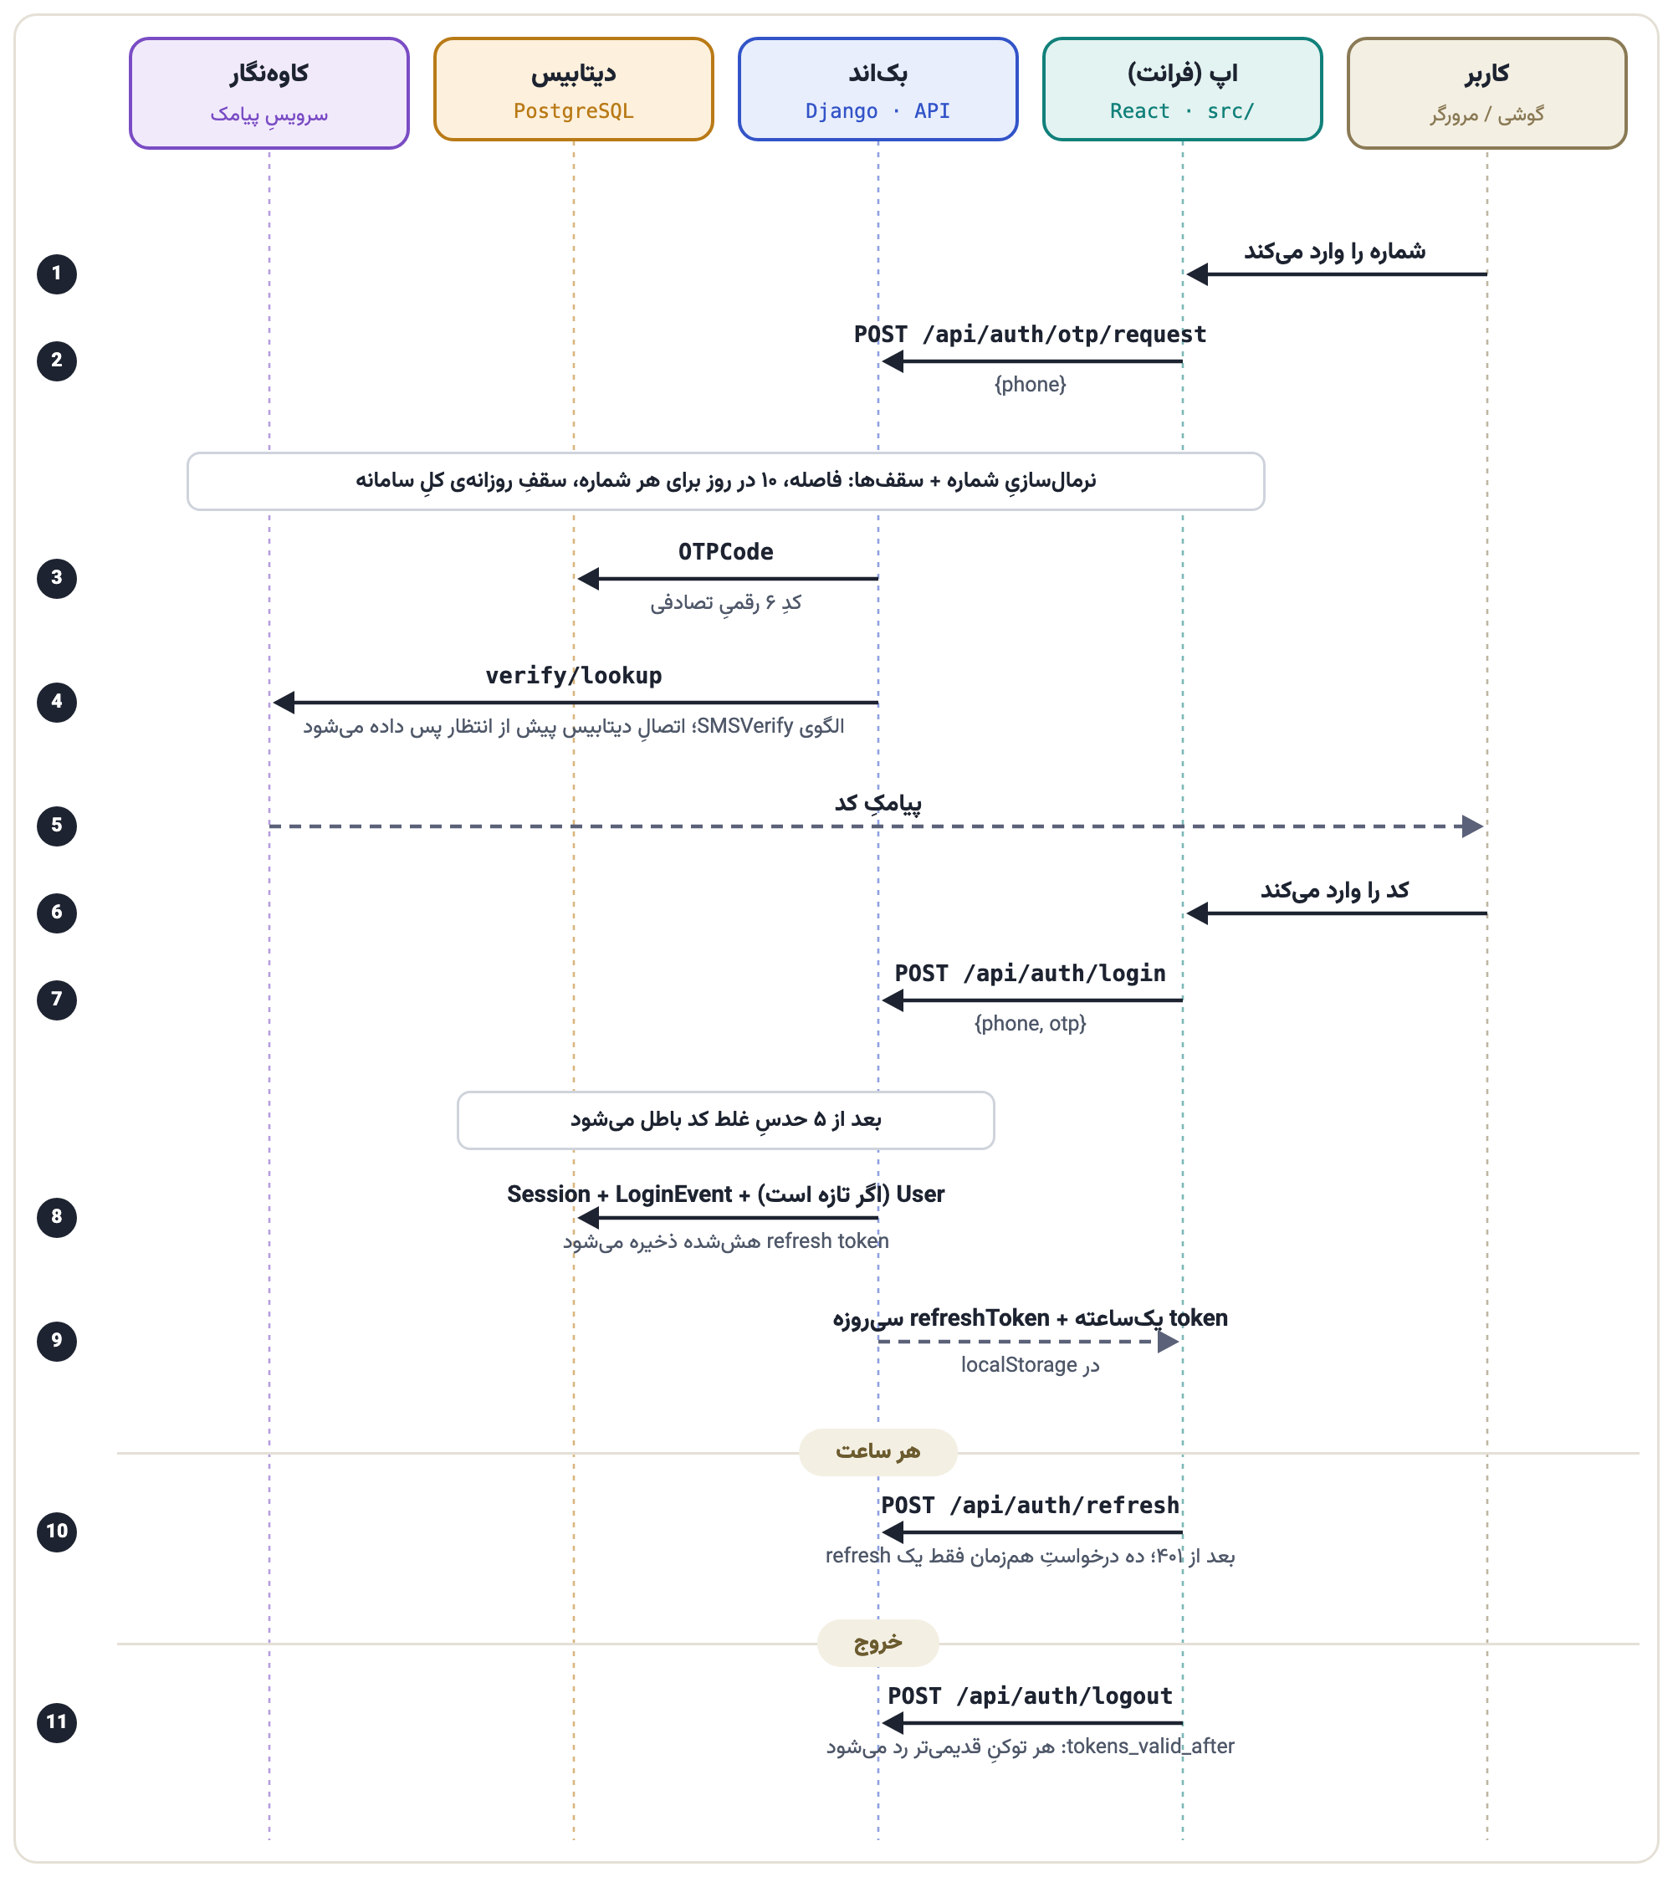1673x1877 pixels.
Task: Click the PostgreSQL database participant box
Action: pyautogui.click(x=574, y=90)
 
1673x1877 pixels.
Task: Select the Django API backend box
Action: pyautogui.click(x=877, y=90)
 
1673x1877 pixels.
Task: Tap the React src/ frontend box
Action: pyautogui.click(x=1182, y=90)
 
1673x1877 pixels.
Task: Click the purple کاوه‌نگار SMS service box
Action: pyautogui.click(x=269, y=93)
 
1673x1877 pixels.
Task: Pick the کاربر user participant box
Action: pyautogui.click(x=1486, y=93)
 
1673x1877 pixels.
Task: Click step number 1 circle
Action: pyautogui.click(x=57, y=274)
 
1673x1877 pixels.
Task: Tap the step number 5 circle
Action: pyautogui.click(x=57, y=826)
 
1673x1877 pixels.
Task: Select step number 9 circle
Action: pyautogui.click(x=57, y=1341)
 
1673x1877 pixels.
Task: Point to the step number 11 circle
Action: pyautogui.click(x=57, y=1722)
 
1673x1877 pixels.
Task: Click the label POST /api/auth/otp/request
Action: pyautogui.click(x=1030, y=335)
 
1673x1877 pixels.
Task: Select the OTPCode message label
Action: pyautogui.click(x=725, y=551)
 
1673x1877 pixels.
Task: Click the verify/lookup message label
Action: pyautogui.click(x=574, y=676)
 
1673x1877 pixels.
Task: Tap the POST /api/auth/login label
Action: pyautogui.click(x=1030, y=974)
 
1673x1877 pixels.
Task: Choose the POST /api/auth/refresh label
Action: pyautogui.click(x=1030, y=1506)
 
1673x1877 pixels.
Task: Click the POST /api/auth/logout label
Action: pyautogui.click(x=1030, y=1696)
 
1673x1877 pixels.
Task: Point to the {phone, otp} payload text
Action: pyautogui.click(x=1030, y=1023)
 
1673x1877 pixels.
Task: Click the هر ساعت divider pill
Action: pyautogui.click(x=877, y=1452)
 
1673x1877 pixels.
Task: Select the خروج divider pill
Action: pyautogui.click(x=877, y=1643)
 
